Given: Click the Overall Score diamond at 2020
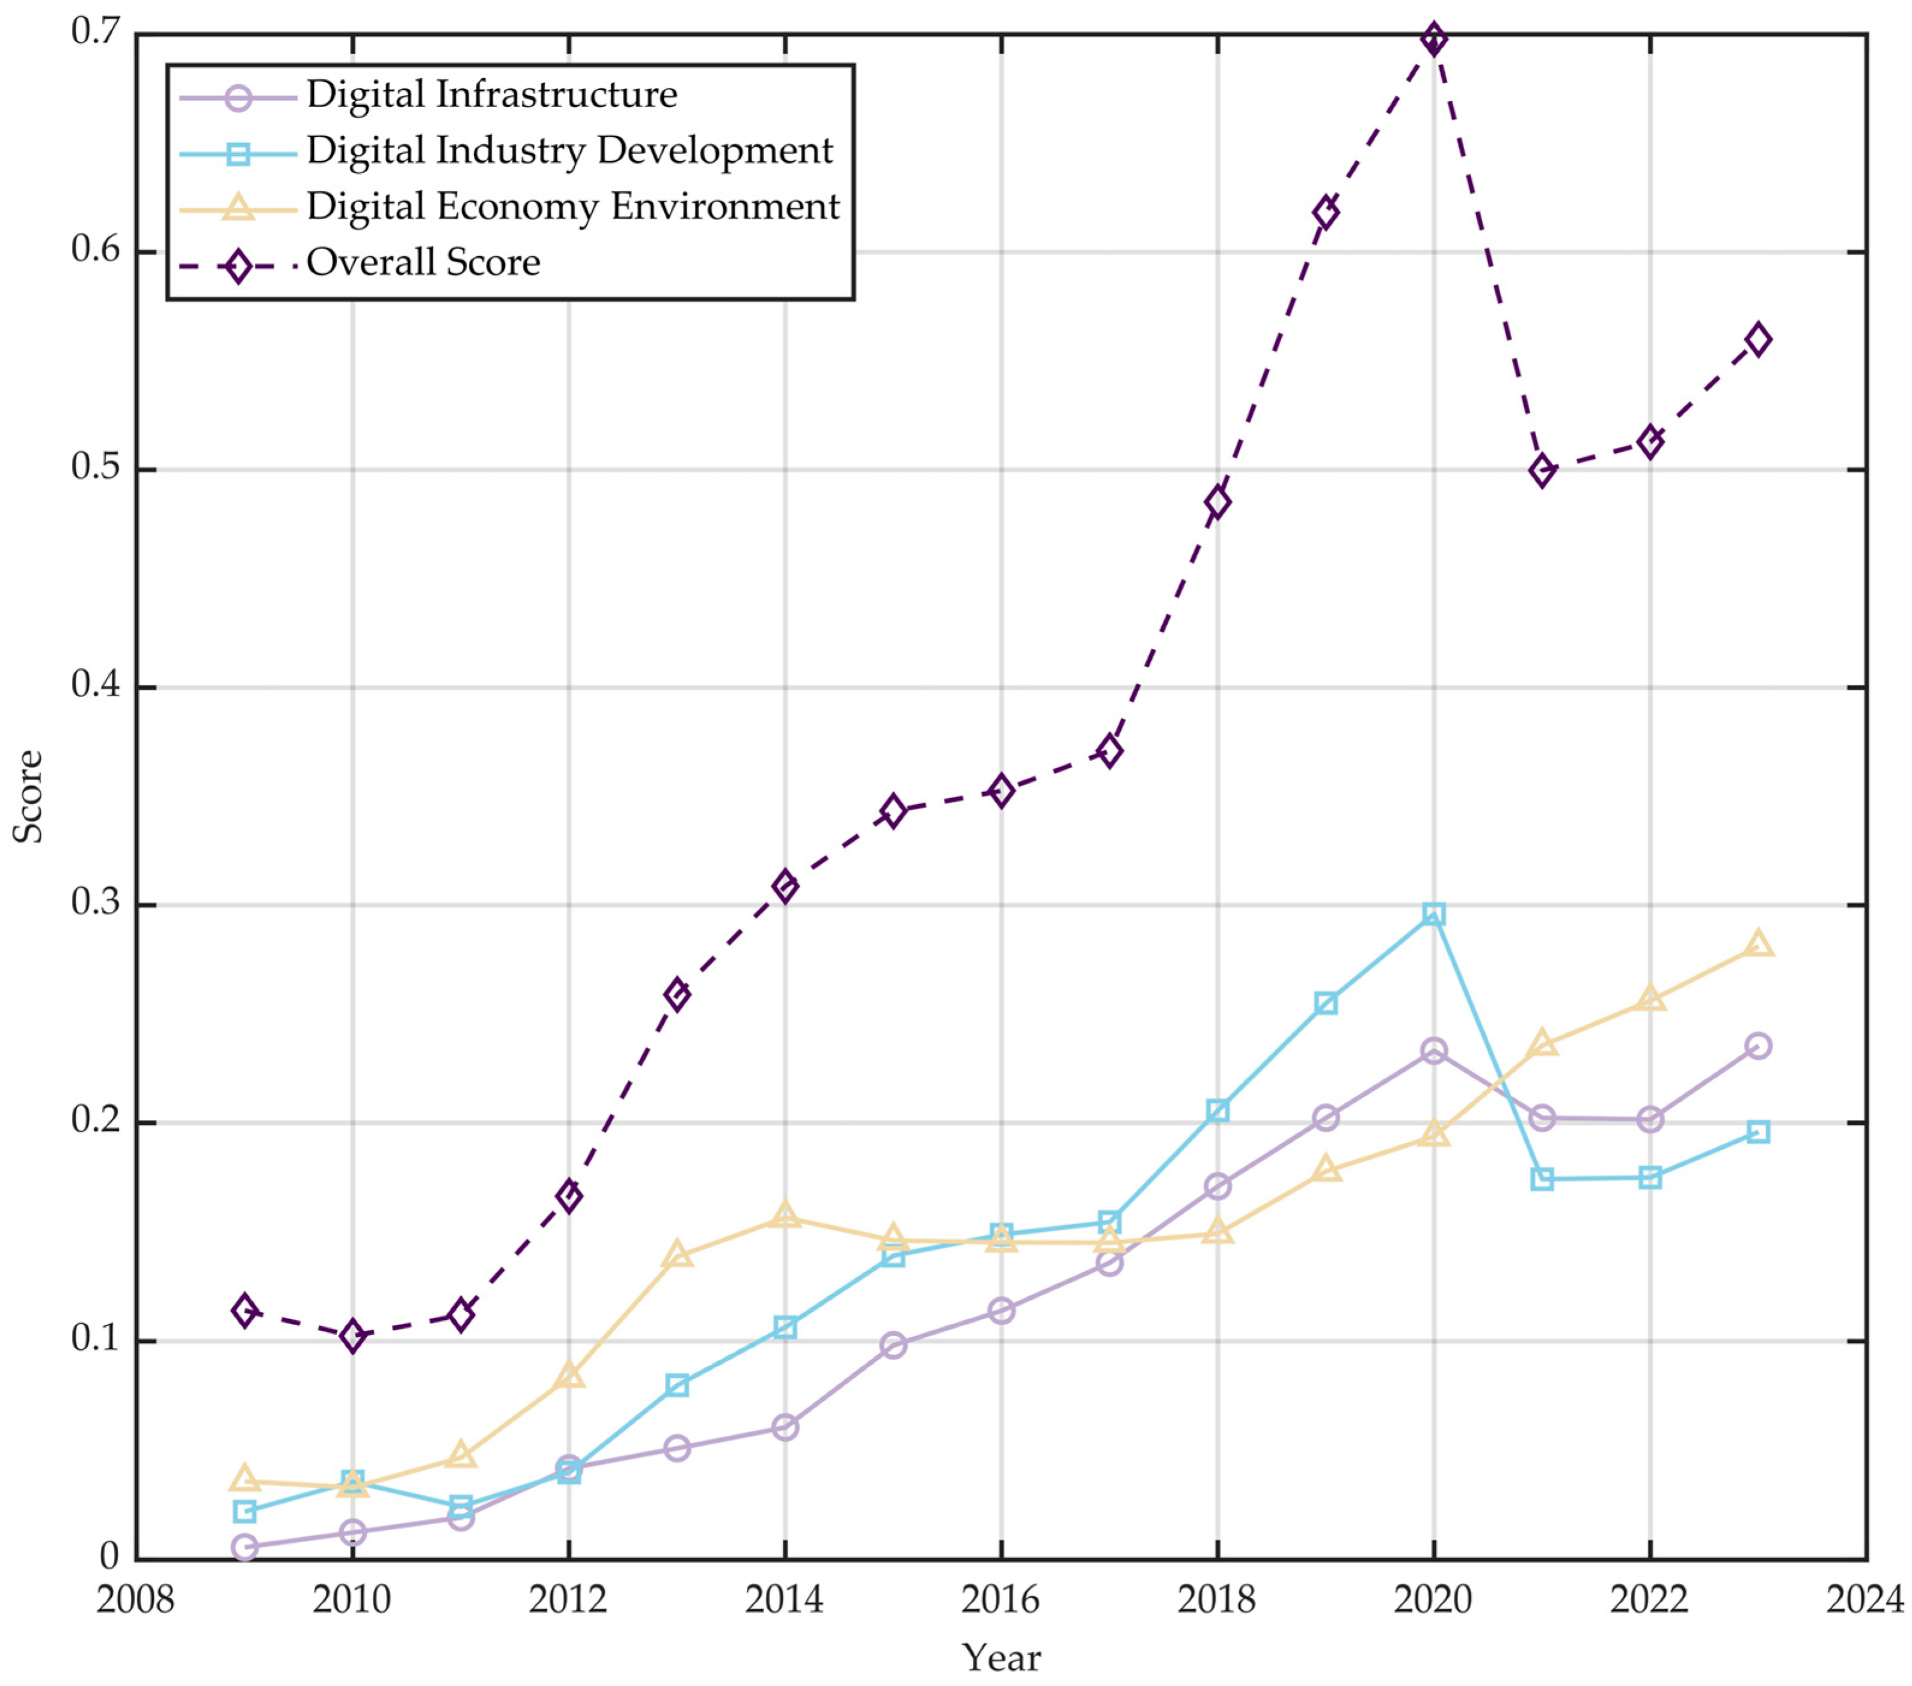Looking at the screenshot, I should (1433, 39).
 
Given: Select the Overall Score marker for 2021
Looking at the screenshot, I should (1542, 470).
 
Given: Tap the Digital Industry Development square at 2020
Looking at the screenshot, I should (1433, 913).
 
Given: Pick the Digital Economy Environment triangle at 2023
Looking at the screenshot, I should (1757, 944).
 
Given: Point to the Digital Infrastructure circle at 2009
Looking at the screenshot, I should (244, 1546).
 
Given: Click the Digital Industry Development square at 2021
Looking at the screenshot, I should (1542, 1179).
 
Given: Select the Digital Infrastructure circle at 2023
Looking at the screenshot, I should (1757, 1045).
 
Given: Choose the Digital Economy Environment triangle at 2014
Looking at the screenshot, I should (785, 1216).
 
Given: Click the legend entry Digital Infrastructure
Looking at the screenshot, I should (491, 94).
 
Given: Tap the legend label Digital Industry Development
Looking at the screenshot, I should (569, 150).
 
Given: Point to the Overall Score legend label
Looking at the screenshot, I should (423, 263).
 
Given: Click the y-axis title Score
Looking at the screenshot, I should (28, 796).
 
